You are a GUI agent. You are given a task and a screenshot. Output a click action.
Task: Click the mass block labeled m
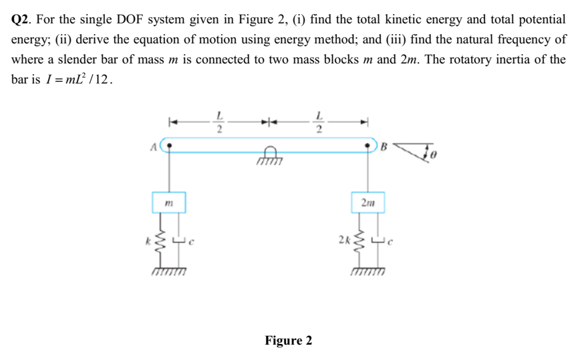click(x=171, y=201)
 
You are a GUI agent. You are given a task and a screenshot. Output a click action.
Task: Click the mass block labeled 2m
click(x=368, y=201)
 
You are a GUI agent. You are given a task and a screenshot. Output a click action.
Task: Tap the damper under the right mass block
click(x=378, y=239)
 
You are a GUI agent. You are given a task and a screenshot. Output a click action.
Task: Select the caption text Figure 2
click(x=288, y=341)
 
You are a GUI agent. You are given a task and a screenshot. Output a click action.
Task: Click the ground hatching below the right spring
click(x=368, y=271)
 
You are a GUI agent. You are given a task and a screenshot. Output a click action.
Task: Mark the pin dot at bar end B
click(x=368, y=143)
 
